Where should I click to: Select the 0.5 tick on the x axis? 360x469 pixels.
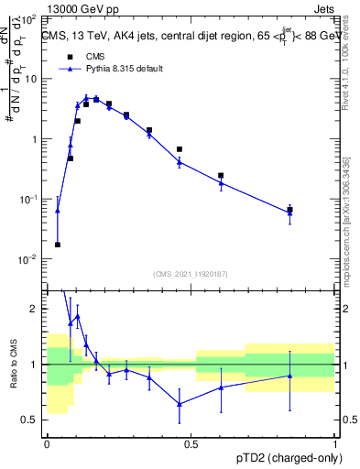pos(191,444)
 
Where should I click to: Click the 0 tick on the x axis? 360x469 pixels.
pos(47,444)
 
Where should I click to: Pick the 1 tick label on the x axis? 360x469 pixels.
pos(334,444)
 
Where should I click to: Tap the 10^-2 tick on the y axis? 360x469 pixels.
pos(30,259)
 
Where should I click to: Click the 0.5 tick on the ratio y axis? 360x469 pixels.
pos(33,420)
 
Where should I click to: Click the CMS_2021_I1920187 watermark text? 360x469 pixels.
pos(191,273)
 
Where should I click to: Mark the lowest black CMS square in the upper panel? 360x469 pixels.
pos(58,245)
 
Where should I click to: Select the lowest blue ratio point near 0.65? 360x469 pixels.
pos(180,403)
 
